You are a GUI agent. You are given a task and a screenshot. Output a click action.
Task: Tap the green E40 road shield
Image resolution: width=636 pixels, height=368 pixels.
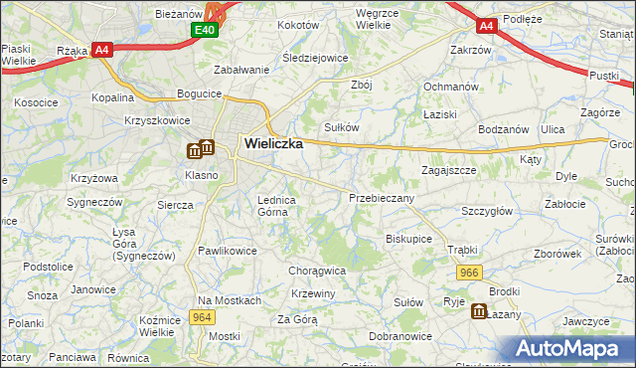pos(204,32)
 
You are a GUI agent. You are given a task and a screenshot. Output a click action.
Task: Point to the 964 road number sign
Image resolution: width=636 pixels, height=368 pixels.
pos(203,317)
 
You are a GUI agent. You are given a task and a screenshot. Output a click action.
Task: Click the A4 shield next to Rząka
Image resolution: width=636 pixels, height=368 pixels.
pos(102,50)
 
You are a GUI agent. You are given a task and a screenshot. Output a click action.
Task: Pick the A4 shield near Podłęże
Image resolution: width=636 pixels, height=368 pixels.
pos(486,26)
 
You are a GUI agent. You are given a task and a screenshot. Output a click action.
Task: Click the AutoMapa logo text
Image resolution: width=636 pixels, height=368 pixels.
pos(572,349)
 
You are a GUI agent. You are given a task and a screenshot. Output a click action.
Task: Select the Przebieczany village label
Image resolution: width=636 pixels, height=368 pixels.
pos(382,198)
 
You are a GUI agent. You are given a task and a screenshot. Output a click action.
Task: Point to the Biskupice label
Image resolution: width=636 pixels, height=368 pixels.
pos(408,239)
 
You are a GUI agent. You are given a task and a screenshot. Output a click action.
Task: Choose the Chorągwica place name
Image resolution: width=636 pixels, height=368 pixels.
pos(317,270)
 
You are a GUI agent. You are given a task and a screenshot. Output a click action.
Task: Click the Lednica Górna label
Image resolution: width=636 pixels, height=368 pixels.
pos(277,205)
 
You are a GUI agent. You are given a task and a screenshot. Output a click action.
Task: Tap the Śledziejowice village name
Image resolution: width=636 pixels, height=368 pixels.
pos(315,58)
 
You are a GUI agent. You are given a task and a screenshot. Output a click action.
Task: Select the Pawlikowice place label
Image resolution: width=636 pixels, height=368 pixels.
pos(228,251)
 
